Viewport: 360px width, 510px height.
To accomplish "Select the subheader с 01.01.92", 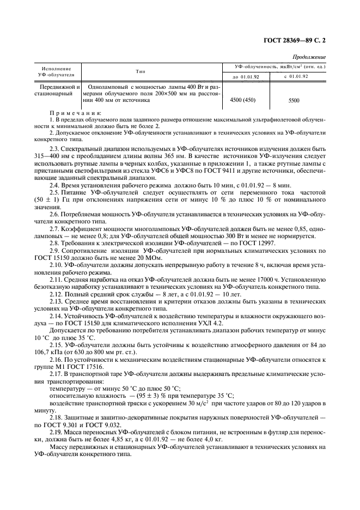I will coord(296,76).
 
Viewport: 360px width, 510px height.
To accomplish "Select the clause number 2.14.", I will coord(57,317).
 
